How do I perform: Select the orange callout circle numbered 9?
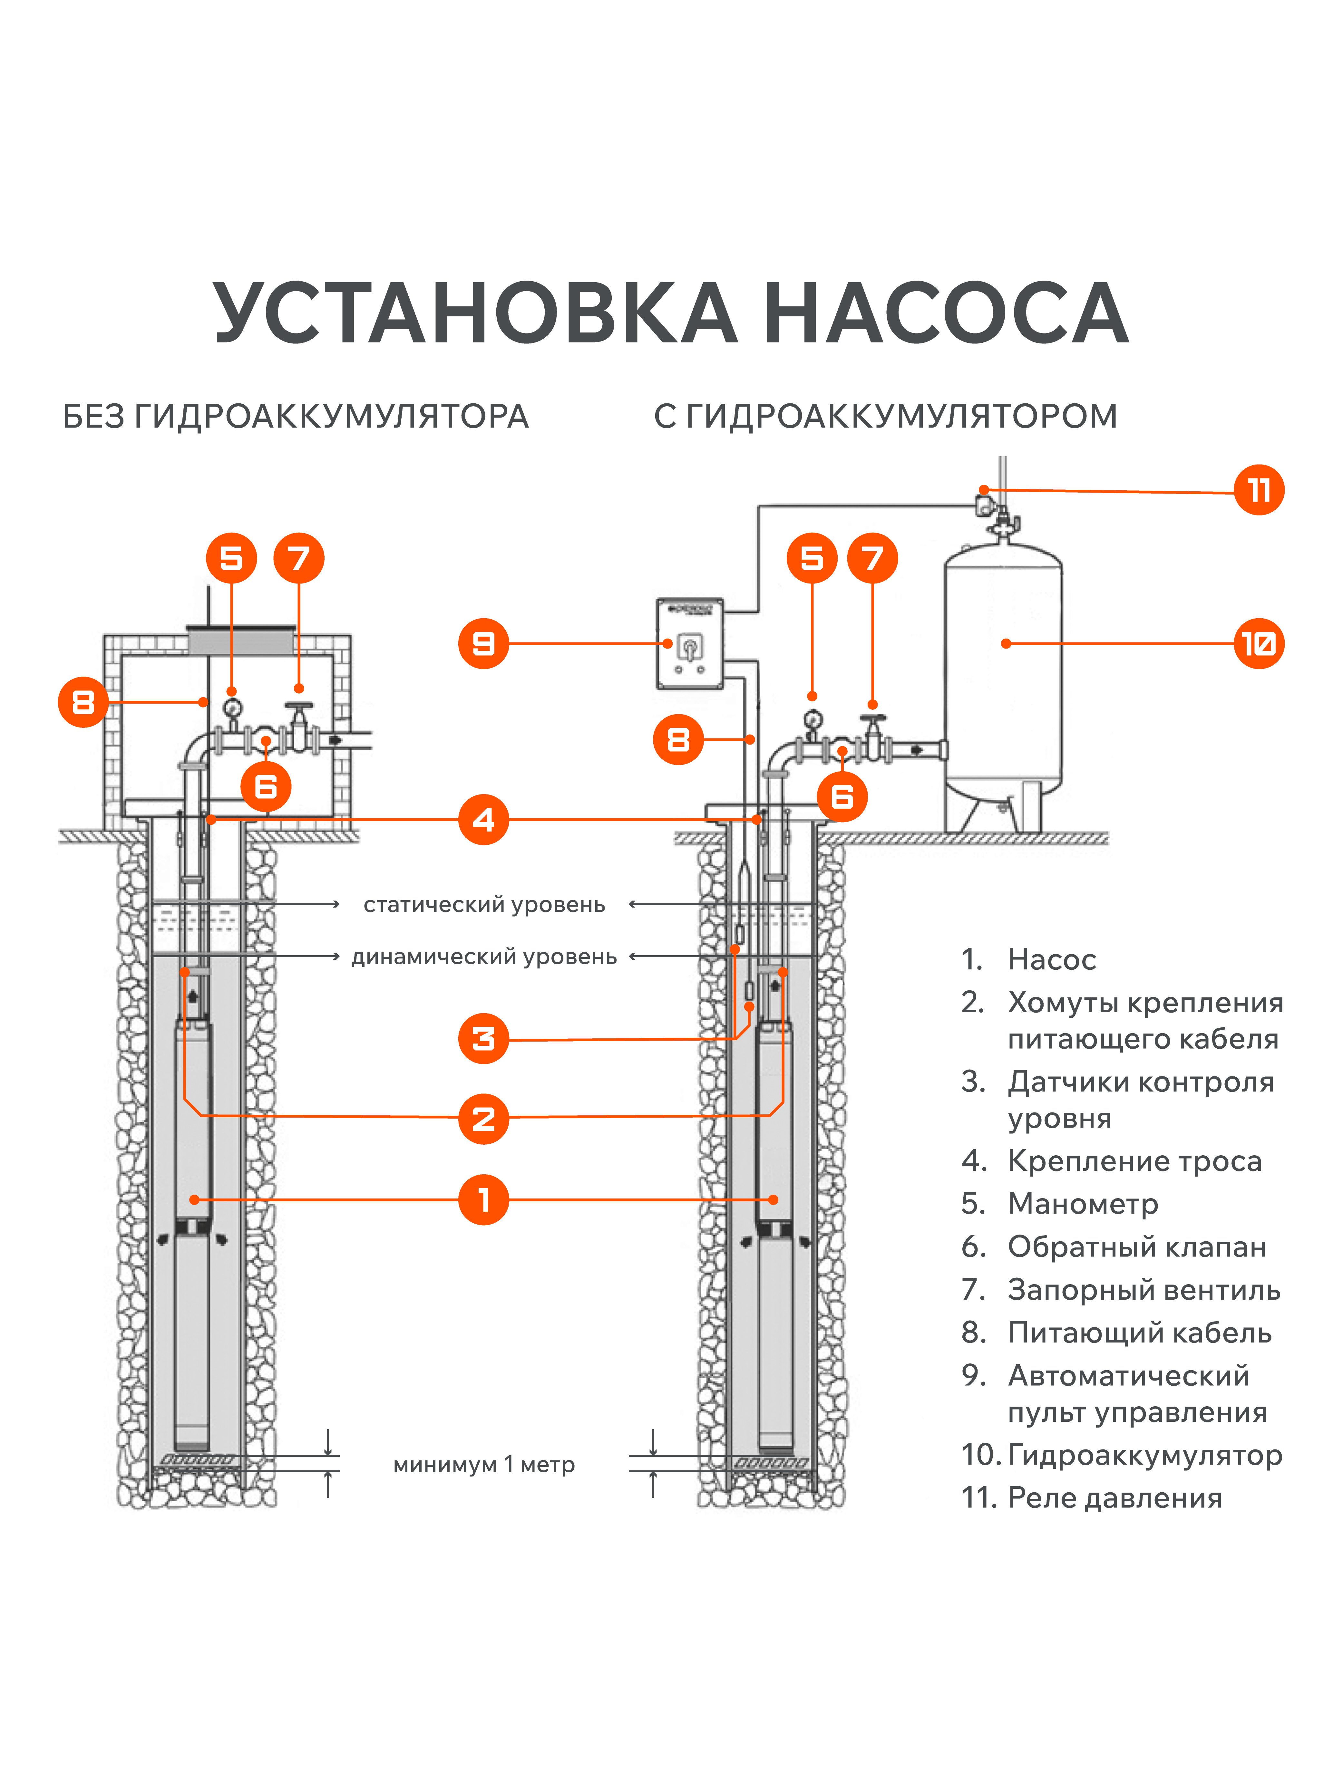pyautogui.click(x=483, y=643)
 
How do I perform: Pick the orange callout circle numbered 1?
pyautogui.click(x=483, y=1199)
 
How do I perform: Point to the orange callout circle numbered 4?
pyautogui.click(x=483, y=820)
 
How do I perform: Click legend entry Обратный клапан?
pyautogui.click(x=1137, y=1247)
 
